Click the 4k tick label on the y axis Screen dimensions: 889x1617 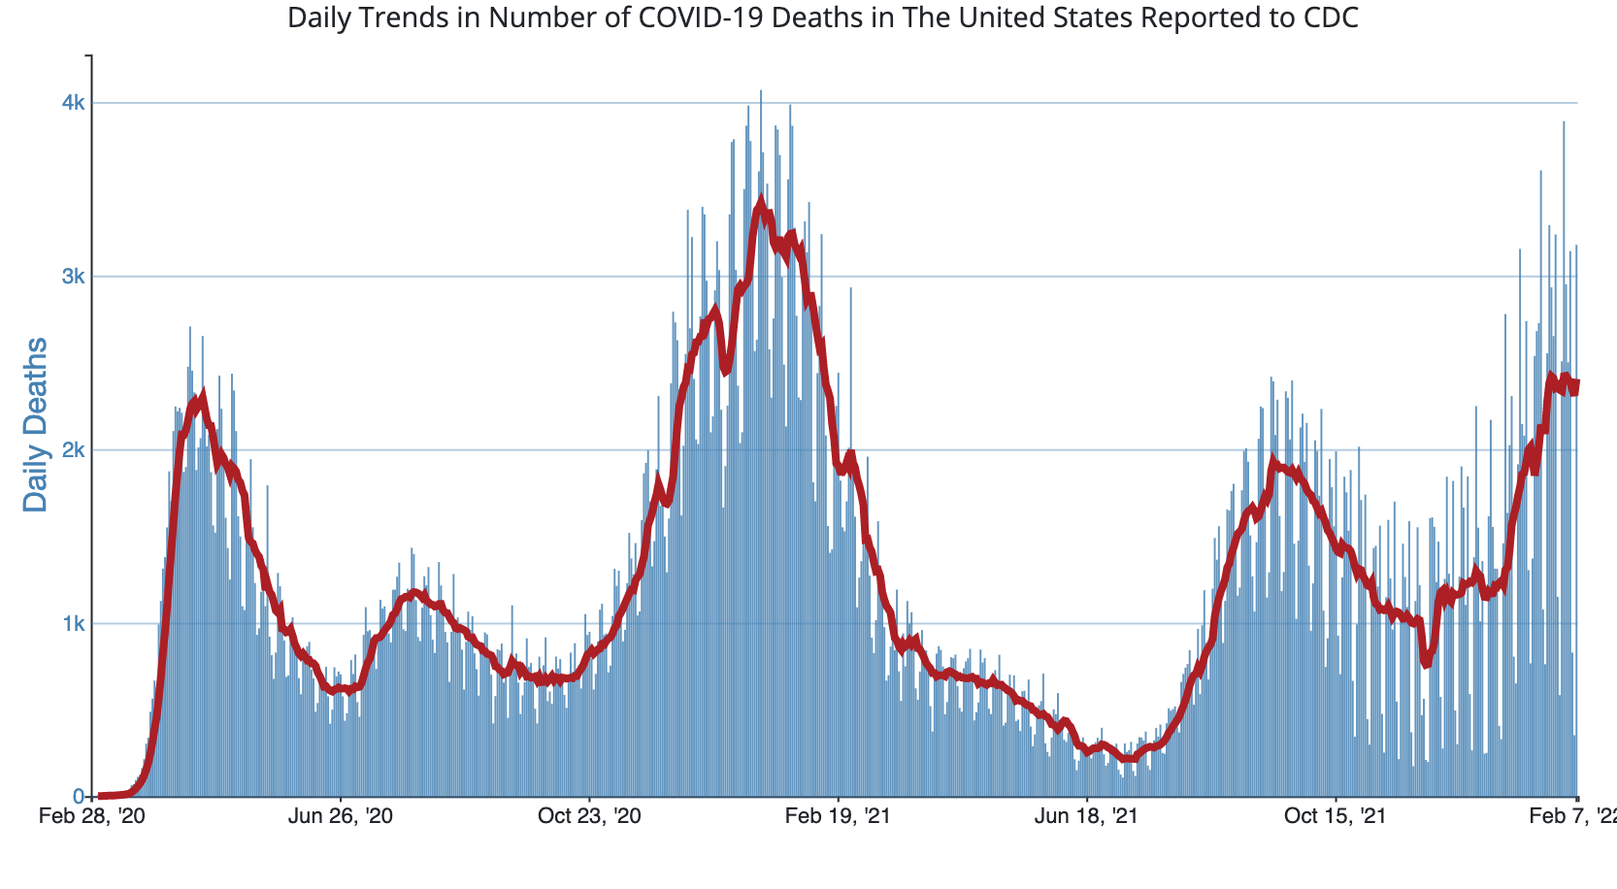pos(74,103)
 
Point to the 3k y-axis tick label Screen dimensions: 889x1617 pos(74,277)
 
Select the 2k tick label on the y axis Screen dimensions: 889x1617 pos(74,450)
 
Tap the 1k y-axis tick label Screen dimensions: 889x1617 pos(74,624)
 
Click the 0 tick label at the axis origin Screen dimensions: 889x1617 pos(81,797)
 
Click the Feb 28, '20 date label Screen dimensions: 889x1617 pos(92,816)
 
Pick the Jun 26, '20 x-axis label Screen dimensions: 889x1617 pos(341,816)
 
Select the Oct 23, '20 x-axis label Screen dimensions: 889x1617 pos(589,816)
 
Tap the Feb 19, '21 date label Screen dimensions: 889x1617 pos(838,816)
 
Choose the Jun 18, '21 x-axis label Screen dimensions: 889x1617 pos(1086,816)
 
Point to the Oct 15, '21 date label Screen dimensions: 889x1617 pos(1335,816)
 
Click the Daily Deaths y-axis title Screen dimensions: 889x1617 pos(36,424)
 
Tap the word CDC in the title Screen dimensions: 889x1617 pos(1336,17)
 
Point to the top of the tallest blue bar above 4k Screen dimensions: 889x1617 pos(761,91)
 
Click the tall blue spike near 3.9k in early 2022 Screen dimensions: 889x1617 pos(1564,123)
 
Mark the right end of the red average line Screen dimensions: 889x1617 pos(1576,384)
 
